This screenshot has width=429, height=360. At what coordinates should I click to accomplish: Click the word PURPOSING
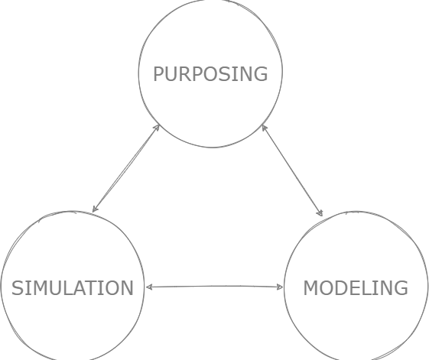[x=210, y=74]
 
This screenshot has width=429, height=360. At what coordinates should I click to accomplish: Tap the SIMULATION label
[x=73, y=288]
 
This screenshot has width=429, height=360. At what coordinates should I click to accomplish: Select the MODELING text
[x=356, y=288]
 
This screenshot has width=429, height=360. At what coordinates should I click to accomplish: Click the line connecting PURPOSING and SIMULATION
[x=126, y=168]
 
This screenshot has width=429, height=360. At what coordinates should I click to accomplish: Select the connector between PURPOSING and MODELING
[x=292, y=170]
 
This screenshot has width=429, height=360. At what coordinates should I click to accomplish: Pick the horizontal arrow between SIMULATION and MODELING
[x=214, y=287]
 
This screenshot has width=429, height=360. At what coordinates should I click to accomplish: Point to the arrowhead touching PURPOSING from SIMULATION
[x=157, y=128]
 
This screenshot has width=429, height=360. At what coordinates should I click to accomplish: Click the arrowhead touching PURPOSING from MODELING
[x=264, y=128]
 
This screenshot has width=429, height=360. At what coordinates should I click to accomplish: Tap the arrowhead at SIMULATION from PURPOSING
[x=95, y=209]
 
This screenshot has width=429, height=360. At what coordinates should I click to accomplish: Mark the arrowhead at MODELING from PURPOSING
[x=320, y=212]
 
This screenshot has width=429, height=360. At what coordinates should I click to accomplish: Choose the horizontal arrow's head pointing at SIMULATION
[x=149, y=287]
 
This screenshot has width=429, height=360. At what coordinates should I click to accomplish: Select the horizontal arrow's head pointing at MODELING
[x=280, y=287]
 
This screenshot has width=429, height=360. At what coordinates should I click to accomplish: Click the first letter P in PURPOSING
[x=158, y=74]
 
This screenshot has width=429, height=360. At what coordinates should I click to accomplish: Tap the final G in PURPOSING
[x=261, y=74]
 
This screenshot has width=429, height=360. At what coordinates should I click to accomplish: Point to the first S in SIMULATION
[x=17, y=288]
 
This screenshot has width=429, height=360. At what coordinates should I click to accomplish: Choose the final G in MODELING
[x=401, y=288]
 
